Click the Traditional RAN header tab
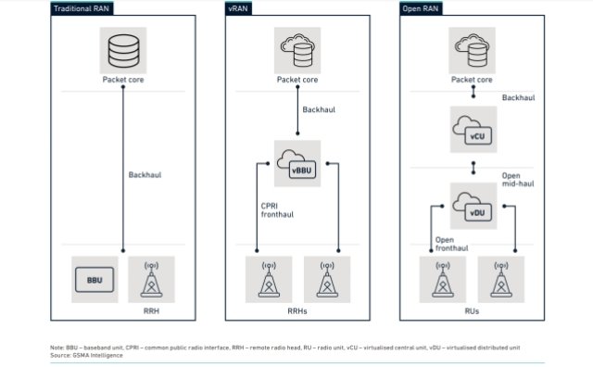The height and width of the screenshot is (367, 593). [82, 8]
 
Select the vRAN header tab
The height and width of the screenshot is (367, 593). [238, 8]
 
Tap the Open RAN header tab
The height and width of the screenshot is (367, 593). [421, 8]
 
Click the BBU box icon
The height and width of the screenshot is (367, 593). [95, 280]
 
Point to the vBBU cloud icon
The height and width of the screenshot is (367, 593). [297, 164]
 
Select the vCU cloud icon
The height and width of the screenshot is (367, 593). [473, 130]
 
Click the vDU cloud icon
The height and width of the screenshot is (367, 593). [473, 206]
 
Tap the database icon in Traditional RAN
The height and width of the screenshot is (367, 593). [123, 51]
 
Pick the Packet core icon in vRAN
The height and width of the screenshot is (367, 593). [297, 50]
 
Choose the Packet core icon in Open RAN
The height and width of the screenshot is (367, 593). [472, 50]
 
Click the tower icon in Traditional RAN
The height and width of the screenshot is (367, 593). [151, 279]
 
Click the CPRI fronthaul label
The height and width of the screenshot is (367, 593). [277, 210]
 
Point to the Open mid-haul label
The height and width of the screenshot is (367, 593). [518, 180]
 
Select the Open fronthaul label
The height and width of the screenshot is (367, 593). [451, 244]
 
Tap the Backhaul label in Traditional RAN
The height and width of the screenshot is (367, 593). [145, 175]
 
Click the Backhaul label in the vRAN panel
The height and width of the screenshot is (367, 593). [319, 109]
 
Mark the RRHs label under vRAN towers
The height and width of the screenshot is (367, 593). [297, 311]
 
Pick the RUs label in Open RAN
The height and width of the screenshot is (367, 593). [472, 311]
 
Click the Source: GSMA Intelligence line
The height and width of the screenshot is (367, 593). [86, 355]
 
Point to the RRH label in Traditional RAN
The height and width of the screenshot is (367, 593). [151, 311]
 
